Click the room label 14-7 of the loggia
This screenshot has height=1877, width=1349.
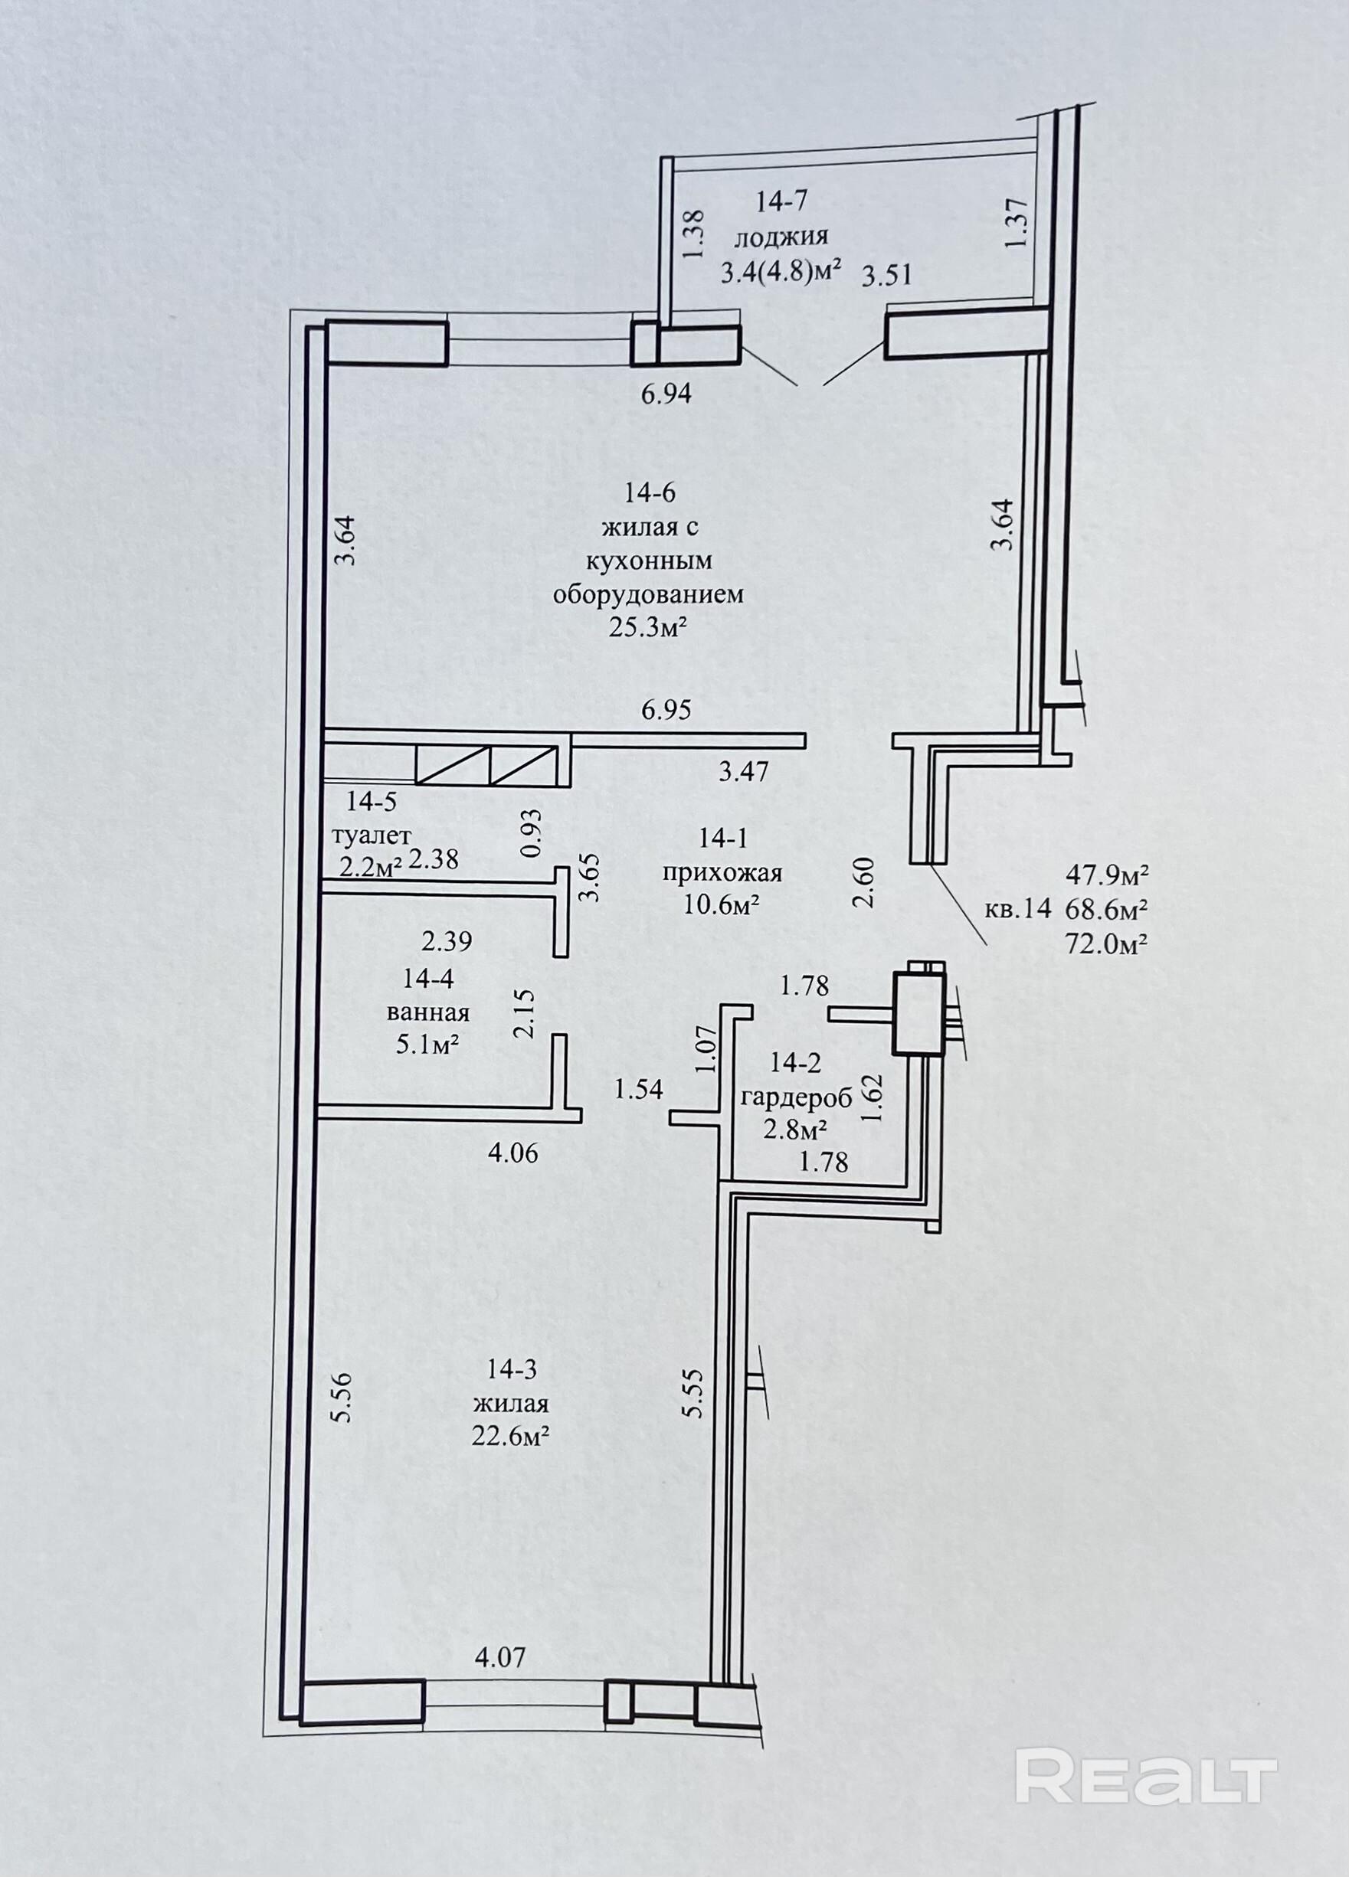[x=781, y=201]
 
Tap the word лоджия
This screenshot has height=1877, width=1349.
[x=781, y=237]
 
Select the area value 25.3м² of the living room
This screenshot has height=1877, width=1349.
[x=649, y=628]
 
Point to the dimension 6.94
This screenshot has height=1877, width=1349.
[x=666, y=394]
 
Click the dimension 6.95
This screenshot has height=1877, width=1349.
[x=666, y=709]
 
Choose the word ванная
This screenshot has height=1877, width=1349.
[x=428, y=1012]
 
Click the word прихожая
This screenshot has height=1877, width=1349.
[x=722, y=873]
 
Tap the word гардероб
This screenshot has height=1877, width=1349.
[x=796, y=1099]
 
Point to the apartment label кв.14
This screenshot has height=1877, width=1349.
[x=1018, y=910]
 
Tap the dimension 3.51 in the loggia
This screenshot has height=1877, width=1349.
[x=887, y=275]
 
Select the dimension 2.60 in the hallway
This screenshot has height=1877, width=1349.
[x=864, y=883]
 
